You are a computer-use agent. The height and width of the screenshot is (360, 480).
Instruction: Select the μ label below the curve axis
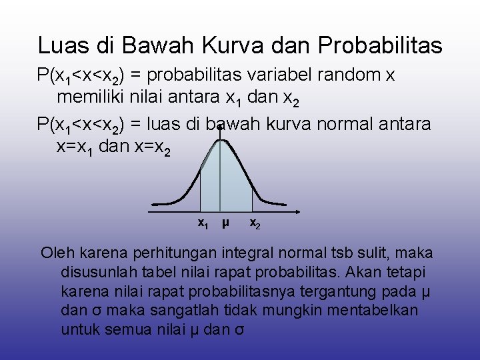coord(225,223)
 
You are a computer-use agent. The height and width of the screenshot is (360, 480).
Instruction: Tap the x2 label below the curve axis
coord(255,223)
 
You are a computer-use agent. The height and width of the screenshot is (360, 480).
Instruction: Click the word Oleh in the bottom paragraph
coord(57,253)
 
